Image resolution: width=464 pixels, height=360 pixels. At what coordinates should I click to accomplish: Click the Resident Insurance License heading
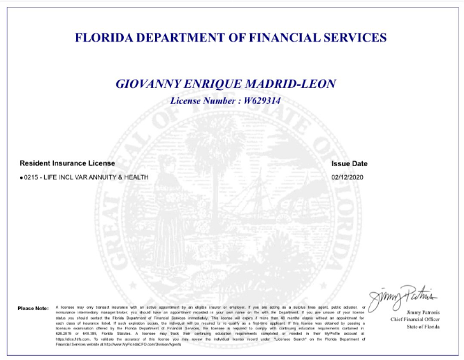[67, 163]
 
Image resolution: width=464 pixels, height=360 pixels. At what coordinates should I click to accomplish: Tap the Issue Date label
[350, 163]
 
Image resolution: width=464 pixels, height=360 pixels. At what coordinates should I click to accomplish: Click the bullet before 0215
[21, 177]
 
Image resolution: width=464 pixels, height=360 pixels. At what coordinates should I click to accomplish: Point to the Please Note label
[33, 307]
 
